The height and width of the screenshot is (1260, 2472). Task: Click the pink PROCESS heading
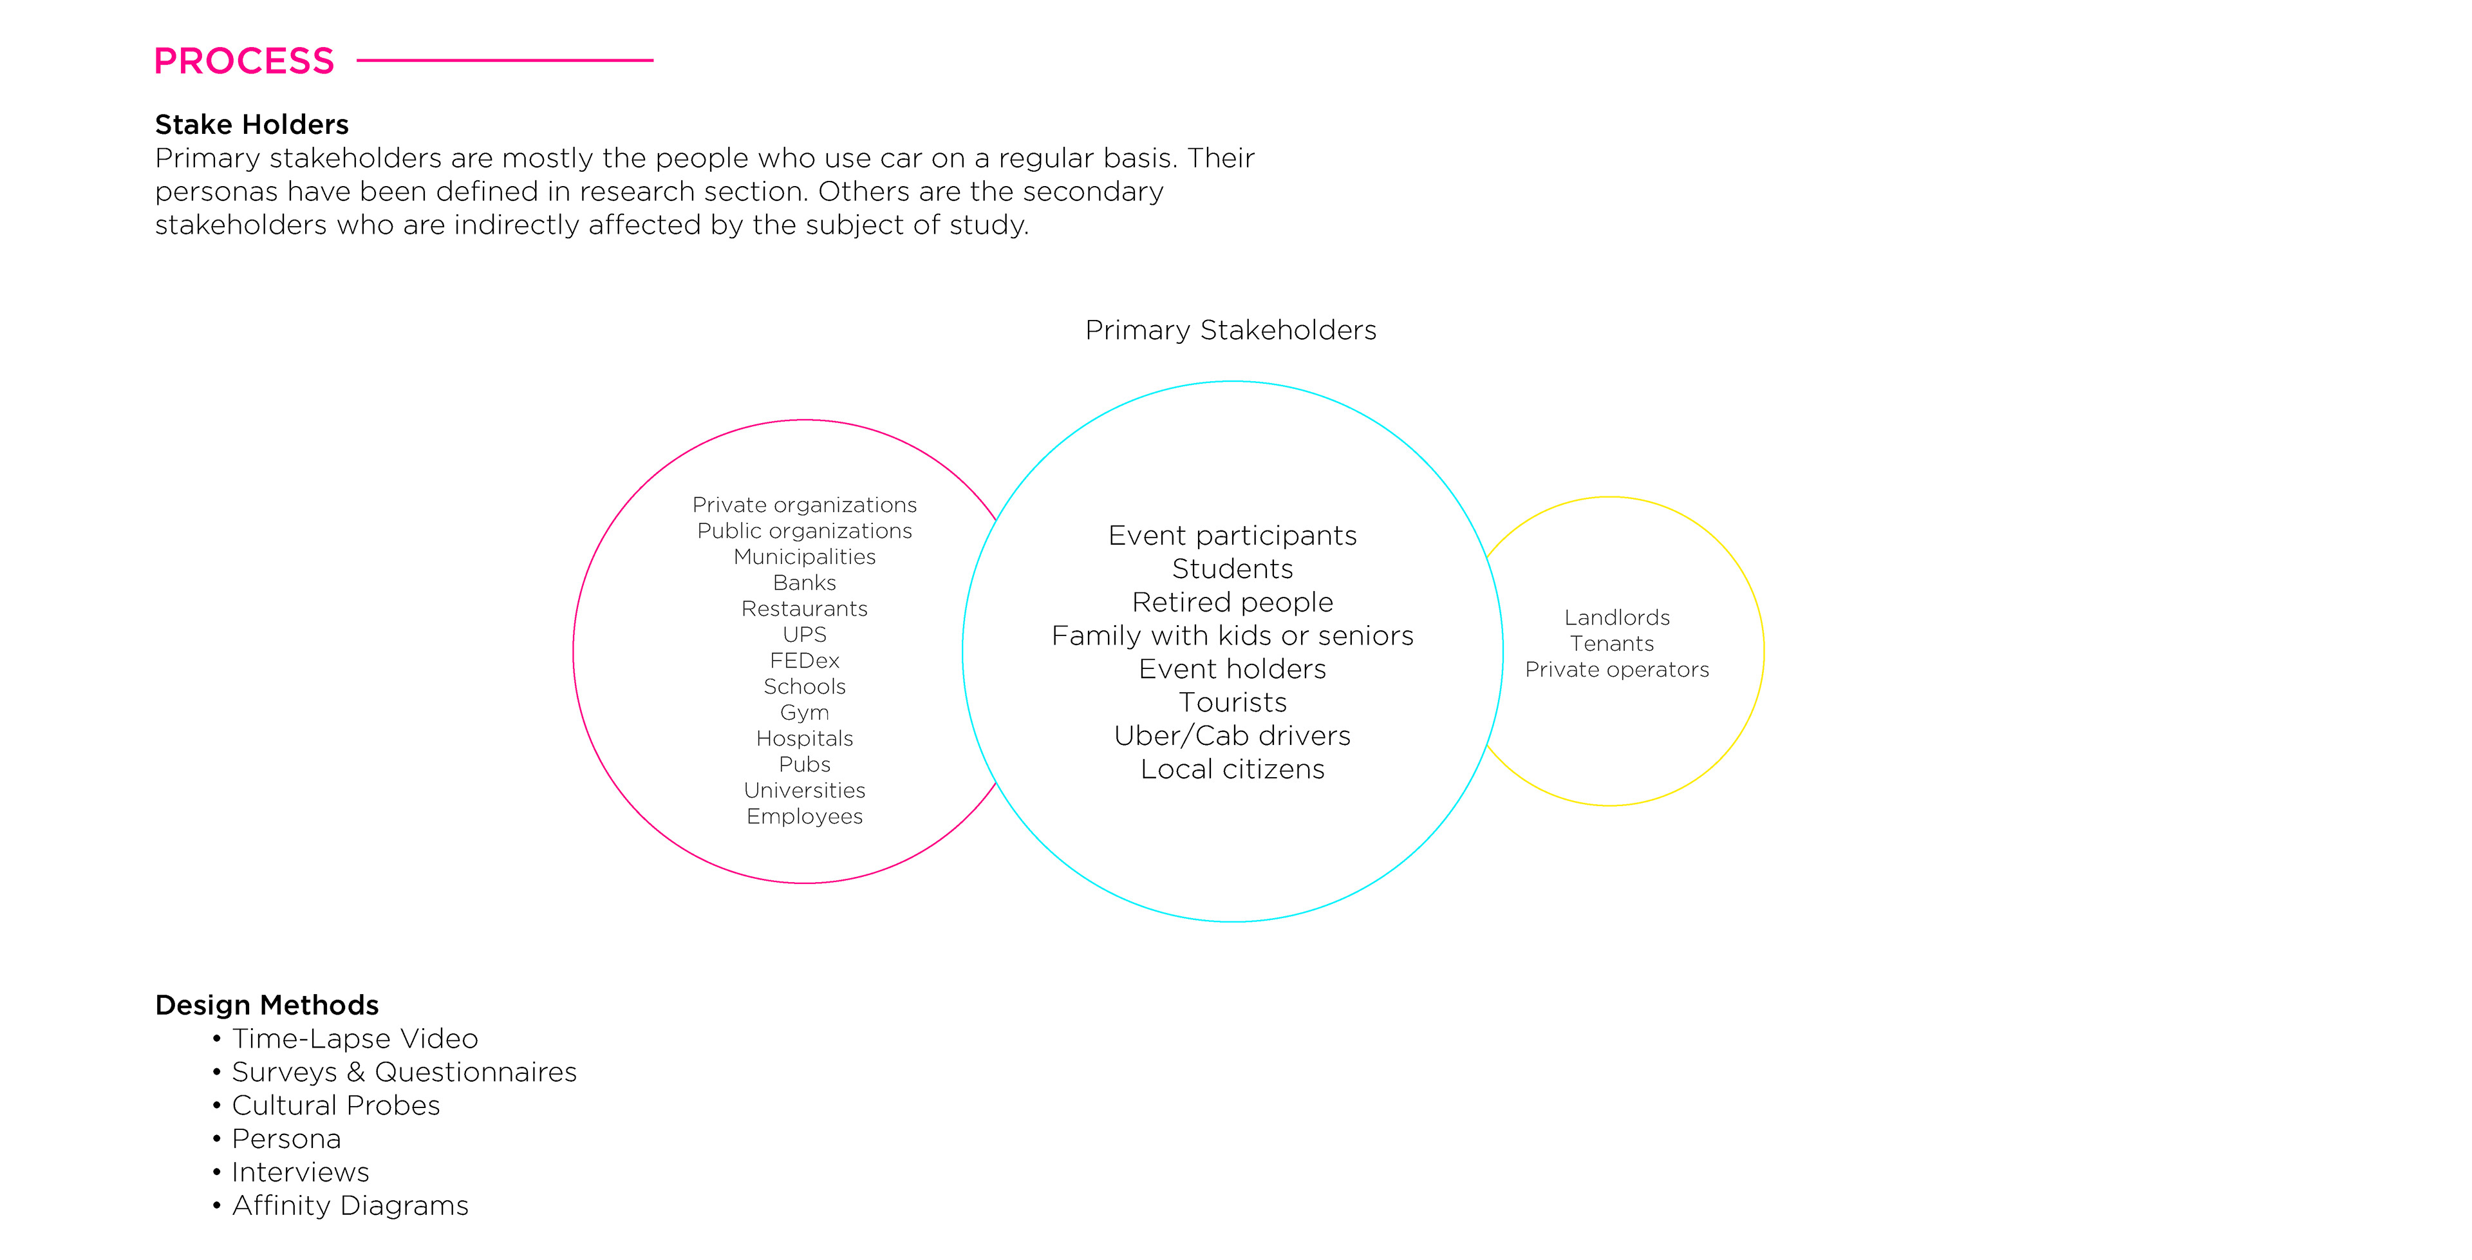[x=244, y=61]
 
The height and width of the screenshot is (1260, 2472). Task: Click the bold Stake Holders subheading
[x=252, y=125]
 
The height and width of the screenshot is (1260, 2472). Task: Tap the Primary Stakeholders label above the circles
[x=1230, y=330]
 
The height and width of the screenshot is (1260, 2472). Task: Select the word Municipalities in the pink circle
[x=804, y=556]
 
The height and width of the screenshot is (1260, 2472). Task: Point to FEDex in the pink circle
[x=804, y=660]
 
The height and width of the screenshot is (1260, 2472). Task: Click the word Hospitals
[x=804, y=738]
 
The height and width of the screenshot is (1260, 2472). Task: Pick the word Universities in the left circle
[x=804, y=790]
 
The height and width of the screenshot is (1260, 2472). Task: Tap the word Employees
[x=804, y=816]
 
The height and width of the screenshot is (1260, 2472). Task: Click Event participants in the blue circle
[x=1232, y=536]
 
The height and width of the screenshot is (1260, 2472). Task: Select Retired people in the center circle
[x=1232, y=602]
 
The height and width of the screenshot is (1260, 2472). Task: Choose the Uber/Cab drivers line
[x=1232, y=735]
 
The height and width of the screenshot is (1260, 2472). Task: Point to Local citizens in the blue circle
[x=1232, y=769]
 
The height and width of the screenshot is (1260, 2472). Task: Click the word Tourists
[x=1232, y=702]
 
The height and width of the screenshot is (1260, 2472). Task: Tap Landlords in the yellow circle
[x=1617, y=617]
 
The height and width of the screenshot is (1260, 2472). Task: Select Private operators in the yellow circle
[x=1617, y=669]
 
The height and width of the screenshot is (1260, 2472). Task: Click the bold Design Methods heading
[x=267, y=1005]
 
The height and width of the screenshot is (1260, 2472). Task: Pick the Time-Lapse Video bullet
[x=354, y=1039]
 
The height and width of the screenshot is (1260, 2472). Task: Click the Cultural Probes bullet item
[x=335, y=1105]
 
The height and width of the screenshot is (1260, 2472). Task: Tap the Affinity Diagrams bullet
[x=350, y=1205]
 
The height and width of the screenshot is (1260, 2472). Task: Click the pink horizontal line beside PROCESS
[x=505, y=61]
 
